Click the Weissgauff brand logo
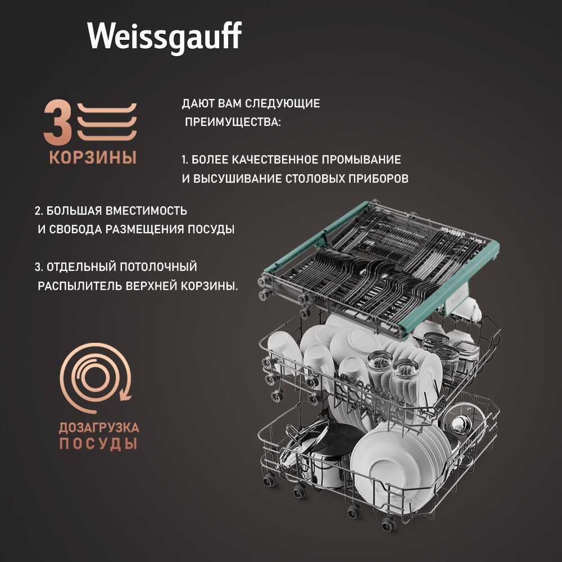coord(164,38)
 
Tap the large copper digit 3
coord(57,122)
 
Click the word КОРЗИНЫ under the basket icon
coord(93,157)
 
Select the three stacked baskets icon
coord(107,122)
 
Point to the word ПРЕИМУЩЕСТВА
coord(233,122)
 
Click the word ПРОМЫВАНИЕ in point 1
coord(361,160)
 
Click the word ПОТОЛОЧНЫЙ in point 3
coord(158,266)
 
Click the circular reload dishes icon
coord(96,378)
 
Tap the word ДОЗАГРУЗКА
coord(99,428)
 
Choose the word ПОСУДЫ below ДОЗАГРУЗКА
coord(98,444)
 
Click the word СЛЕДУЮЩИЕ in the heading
coord(283,103)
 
